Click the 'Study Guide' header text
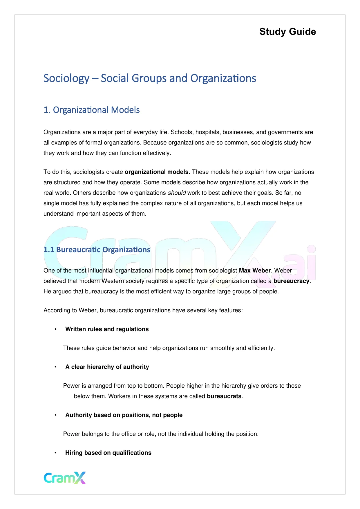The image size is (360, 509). pos(287,32)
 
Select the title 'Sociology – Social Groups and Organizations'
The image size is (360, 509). pos(150,78)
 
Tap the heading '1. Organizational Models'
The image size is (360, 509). pos(92,110)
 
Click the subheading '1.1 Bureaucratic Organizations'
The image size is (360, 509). pos(97,250)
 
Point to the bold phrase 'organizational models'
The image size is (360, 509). pos(156,172)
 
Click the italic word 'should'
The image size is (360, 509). pos(177,193)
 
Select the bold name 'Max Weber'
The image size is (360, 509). pos(254,270)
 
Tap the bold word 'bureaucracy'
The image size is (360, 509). pos(291,281)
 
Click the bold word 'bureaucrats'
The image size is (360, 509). pos(224,396)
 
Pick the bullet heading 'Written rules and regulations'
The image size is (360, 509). pos(107,329)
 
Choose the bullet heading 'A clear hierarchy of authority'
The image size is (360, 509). pos(107,367)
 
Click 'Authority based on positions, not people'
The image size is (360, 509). pos(124,415)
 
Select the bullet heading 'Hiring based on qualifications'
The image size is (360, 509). pos(108,453)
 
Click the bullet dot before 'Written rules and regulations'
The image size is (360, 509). pos(55,329)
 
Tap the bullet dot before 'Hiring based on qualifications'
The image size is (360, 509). pos(55,453)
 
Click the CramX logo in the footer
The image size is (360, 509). pos(65,478)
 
